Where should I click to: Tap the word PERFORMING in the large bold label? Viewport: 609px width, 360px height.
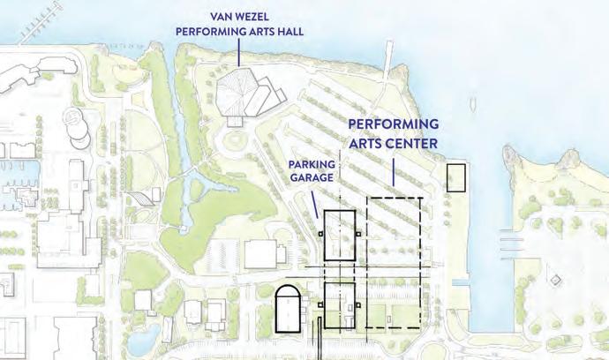click(x=393, y=124)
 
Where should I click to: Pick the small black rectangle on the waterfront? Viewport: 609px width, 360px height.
click(x=456, y=178)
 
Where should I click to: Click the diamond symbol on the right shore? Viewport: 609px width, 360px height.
click(x=555, y=280)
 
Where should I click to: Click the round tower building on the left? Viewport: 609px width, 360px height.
click(x=78, y=132)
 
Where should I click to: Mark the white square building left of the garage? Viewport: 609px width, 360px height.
click(x=261, y=255)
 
